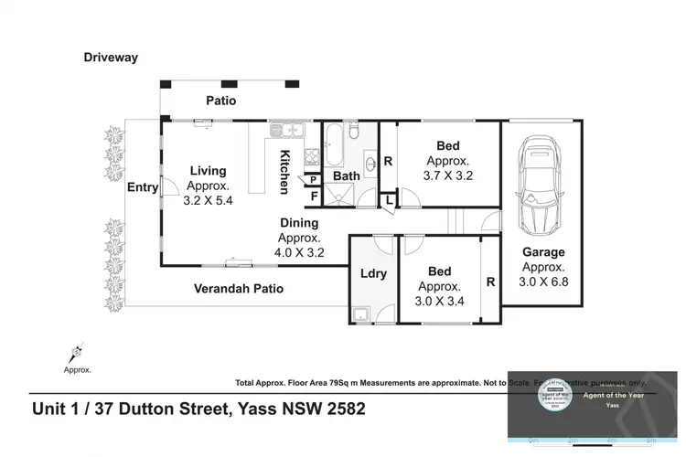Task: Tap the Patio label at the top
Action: [x=220, y=101]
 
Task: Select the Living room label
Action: [x=208, y=170]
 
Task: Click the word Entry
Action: [x=142, y=187]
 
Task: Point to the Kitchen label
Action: [x=284, y=171]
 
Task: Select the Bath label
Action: [x=346, y=175]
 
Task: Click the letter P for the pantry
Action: [x=312, y=180]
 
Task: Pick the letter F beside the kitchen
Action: [x=312, y=195]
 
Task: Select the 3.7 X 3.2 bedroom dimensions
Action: [x=447, y=175]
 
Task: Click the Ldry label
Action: [x=372, y=272]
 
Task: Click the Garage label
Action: [x=543, y=252]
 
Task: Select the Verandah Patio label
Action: [x=238, y=289]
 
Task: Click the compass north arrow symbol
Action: [x=77, y=351]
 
